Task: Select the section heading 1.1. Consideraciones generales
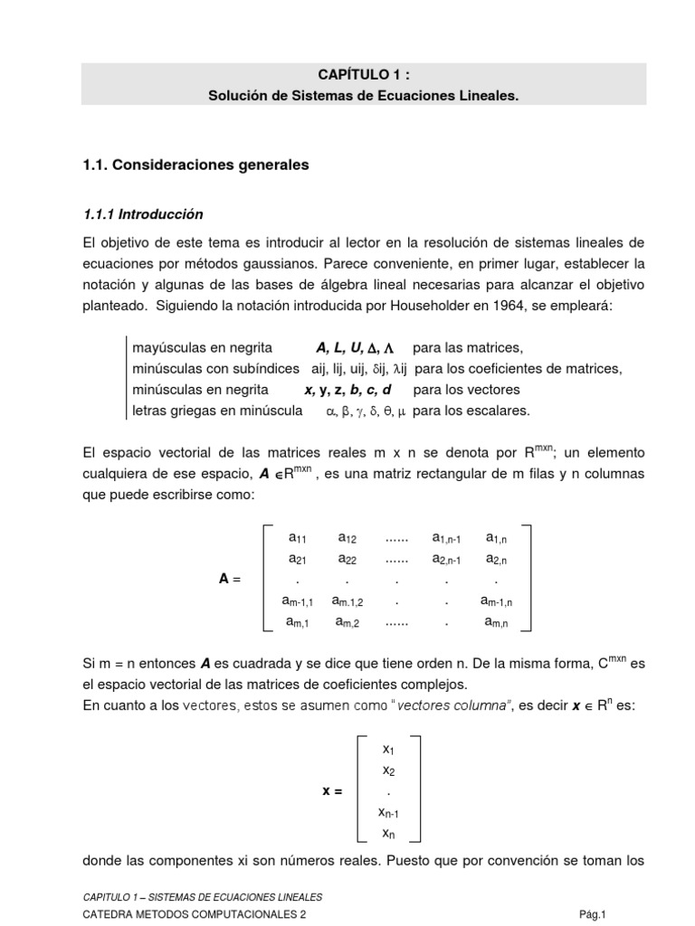point(195,165)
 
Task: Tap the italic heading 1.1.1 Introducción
point(143,215)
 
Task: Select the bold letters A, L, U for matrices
point(341,347)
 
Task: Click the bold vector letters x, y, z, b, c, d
point(347,390)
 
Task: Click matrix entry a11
point(298,538)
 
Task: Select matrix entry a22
point(347,559)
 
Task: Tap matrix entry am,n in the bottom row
point(497,622)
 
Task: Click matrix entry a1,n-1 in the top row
point(446,538)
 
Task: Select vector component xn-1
point(387,812)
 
